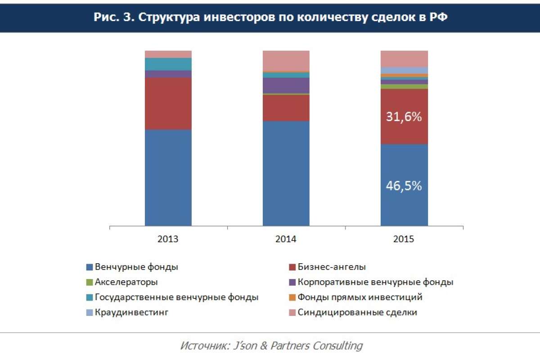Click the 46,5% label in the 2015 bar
pyautogui.click(x=404, y=186)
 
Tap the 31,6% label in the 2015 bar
pyautogui.click(x=404, y=117)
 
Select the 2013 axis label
pyautogui.click(x=168, y=239)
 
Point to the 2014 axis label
pyautogui.click(x=286, y=239)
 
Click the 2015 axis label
pyautogui.click(x=404, y=239)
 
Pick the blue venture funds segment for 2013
pyautogui.click(x=168, y=178)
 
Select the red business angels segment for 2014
pyautogui.click(x=286, y=108)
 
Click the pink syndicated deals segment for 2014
pyautogui.click(x=286, y=61)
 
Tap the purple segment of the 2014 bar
pyautogui.click(x=286, y=85)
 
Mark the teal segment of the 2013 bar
pyautogui.click(x=168, y=64)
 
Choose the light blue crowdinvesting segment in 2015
pyautogui.click(x=404, y=70)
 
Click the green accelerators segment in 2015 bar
pyautogui.click(x=404, y=86)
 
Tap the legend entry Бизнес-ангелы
pyautogui.click(x=332, y=267)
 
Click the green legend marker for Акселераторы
pyautogui.click(x=90, y=283)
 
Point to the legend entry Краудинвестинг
pyautogui.click(x=131, y=312)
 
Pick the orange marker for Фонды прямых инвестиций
pyautogui.click(x=292, y=297)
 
